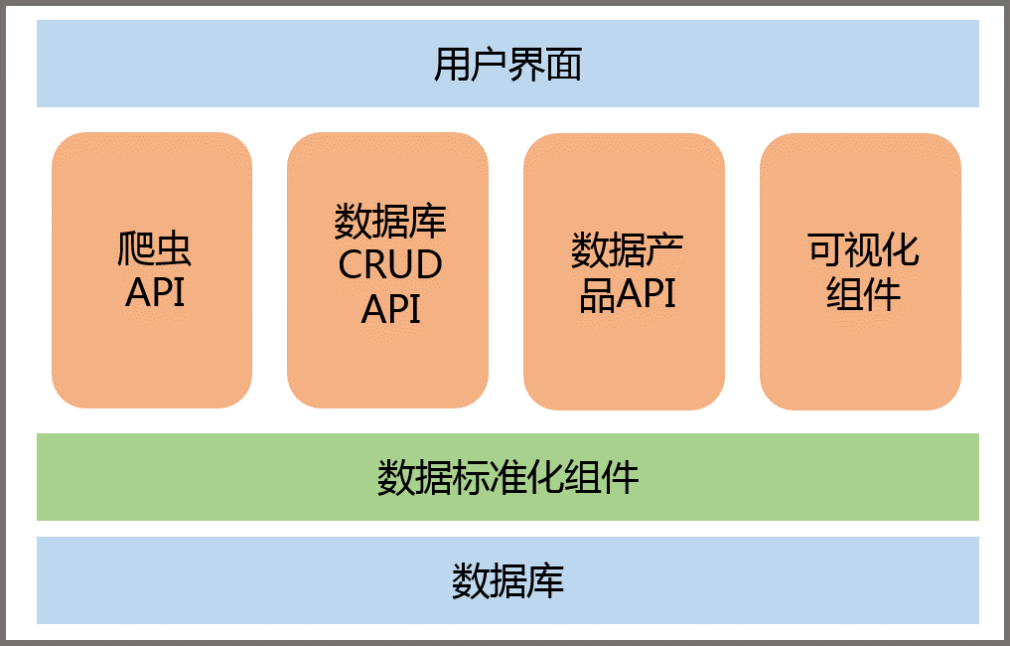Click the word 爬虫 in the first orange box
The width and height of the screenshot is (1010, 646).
[x=155, y=248]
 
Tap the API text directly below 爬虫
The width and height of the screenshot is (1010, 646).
[x=155, y=293]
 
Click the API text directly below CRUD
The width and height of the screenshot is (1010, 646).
[x=390, y=309]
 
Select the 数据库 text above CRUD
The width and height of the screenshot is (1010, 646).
[x=390, y=221]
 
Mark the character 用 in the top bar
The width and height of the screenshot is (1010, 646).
[x=452, y=65]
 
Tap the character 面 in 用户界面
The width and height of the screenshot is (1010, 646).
[x=564, y=65]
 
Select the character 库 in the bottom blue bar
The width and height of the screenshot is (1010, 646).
[x=545, y=580]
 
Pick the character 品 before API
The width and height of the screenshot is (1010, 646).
[x=596, y=294]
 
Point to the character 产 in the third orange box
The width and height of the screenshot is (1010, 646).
[x=659, y=250]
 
